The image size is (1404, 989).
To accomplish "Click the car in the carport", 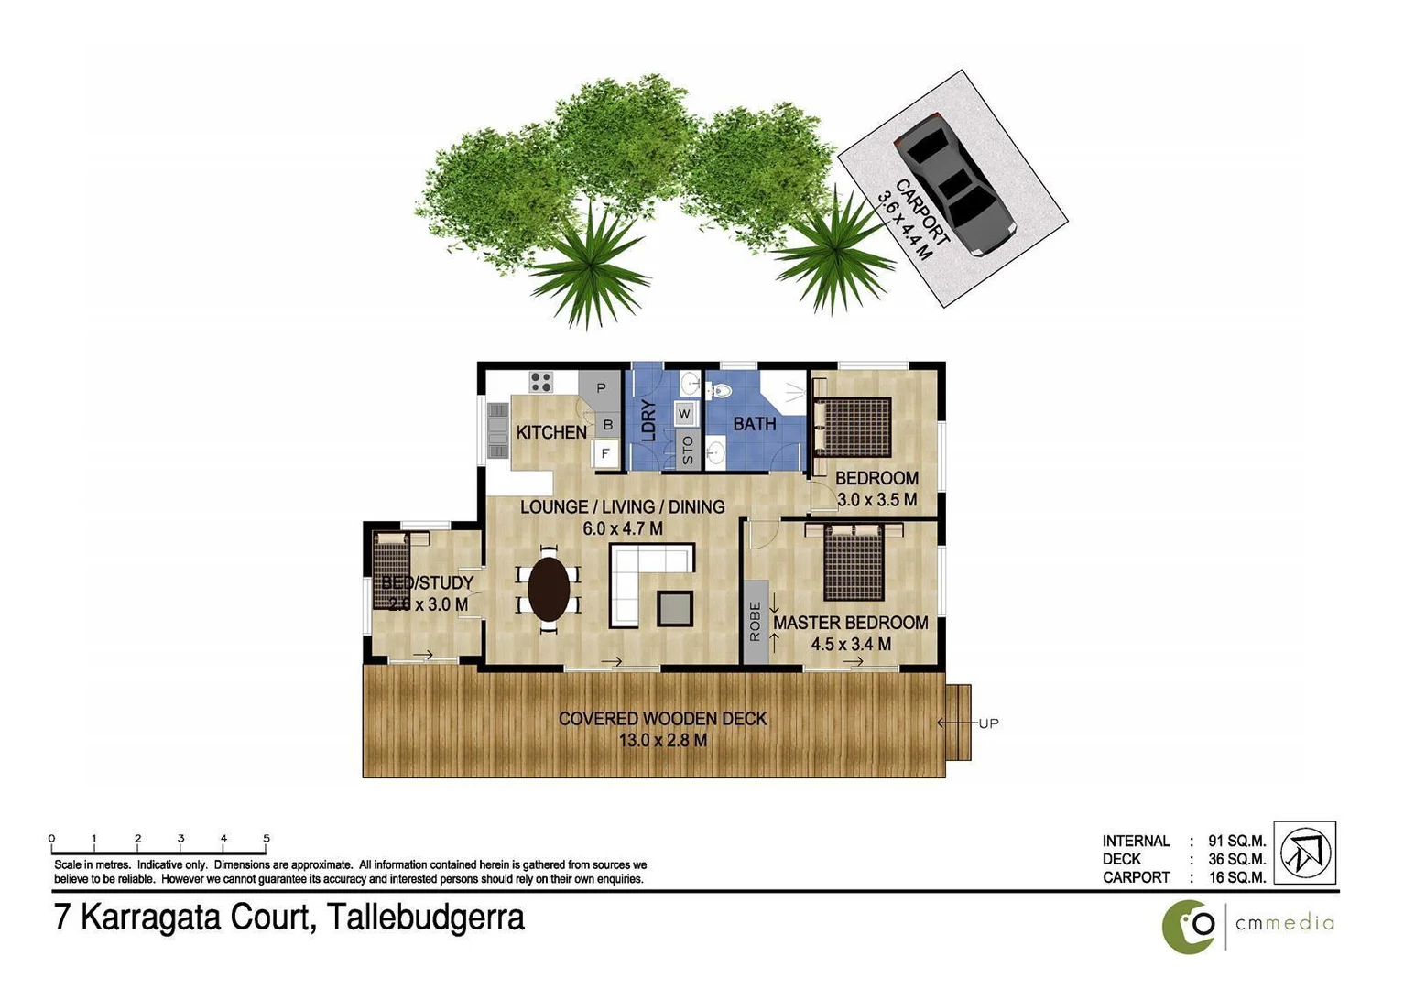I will point(952,183).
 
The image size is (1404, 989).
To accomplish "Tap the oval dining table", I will point(548,590).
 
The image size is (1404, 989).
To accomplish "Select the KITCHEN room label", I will point(550,432).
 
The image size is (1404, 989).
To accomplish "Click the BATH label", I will point(754,424).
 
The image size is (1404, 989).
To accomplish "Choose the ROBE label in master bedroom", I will point(755,622).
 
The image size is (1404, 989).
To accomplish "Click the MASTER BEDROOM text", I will point(850,623).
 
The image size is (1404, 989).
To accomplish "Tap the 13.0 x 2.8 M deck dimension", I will point(662,740).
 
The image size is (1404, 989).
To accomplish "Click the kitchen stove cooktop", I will point(540,381).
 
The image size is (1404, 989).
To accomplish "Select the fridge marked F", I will point(604,453).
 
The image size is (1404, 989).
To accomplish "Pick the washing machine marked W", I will point(684,414).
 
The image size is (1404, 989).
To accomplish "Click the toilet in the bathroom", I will point(720,391).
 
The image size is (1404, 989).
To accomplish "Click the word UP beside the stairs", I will point(987,723).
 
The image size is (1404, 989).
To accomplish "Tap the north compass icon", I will point(1304,852).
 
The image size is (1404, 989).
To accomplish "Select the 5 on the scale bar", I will point(267,838).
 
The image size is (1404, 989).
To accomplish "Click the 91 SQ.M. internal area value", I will point(1236,841).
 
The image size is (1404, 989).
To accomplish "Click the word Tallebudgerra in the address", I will point(426,917).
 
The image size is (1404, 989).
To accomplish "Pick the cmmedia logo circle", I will point(1189,927).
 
